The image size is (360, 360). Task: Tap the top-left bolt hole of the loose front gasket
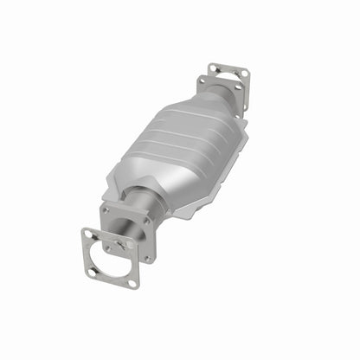(x=87, y=234)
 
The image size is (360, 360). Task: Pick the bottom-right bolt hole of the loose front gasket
(x=133, y=284)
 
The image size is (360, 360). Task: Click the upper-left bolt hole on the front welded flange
(x=106, y=210)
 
